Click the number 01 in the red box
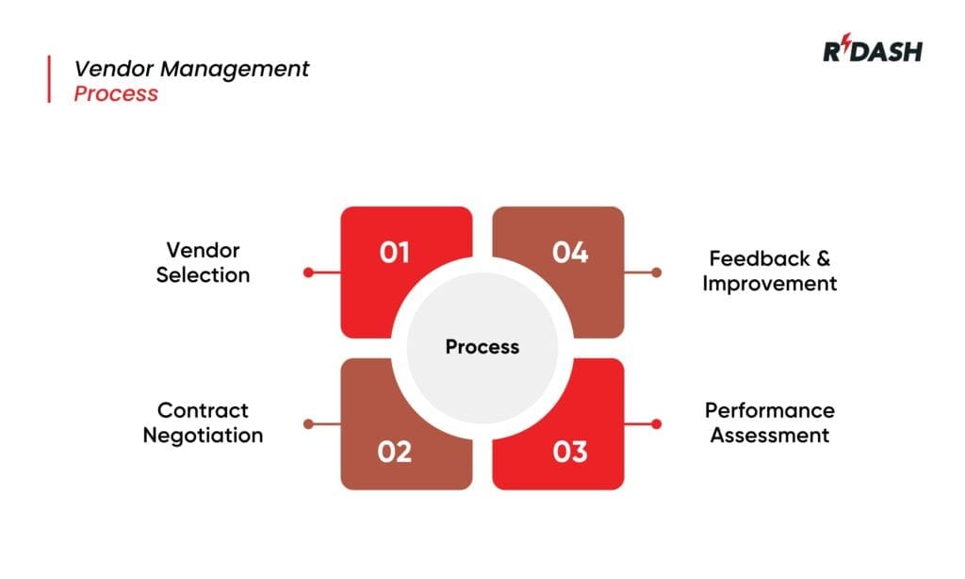395,253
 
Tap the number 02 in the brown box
395,452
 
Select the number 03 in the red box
570,452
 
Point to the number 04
570,253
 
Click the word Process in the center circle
482,347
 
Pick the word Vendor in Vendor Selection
204,250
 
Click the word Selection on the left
204,275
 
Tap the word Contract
203,410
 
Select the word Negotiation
203,436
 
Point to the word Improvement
769,284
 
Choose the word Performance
769,410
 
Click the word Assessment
769,436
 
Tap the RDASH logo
872,51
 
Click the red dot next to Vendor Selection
308,273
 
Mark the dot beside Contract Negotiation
308,424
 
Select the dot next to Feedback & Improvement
656,273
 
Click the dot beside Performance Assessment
656,424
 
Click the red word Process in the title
116,94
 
